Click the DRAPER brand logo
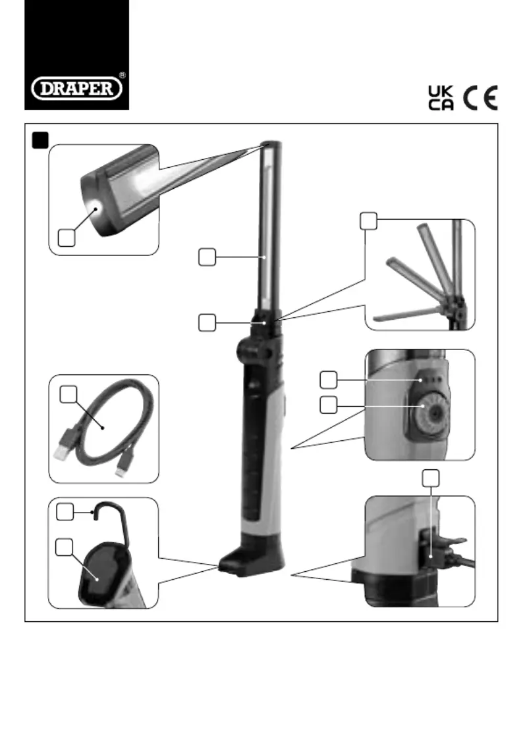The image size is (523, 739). click(76, 88)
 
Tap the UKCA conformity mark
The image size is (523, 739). click(440, 98)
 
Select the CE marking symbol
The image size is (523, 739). click(480, 98)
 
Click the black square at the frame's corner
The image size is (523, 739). click(41, 139)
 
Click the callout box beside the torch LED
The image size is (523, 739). click(65, 238)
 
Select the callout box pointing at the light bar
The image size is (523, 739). click(207, 257)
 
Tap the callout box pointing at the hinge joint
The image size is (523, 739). click(207, 322)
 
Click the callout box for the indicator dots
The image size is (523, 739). click(328, 380)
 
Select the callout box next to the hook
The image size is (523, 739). click(65, 511)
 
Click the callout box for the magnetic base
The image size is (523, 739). click(65, 546)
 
